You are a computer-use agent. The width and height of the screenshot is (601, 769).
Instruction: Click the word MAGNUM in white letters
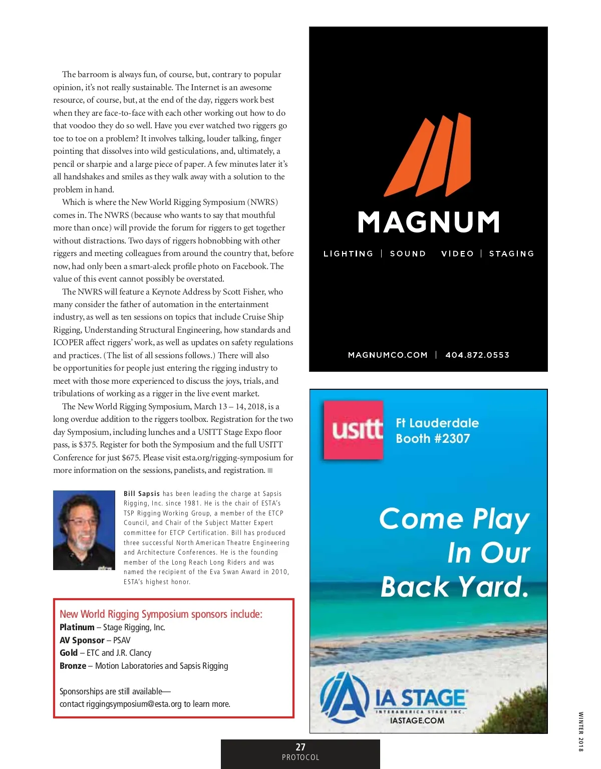pyautogui.click(x=429, y=222)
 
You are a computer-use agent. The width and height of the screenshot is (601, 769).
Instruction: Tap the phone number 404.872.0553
pyautogui.click(x=477, y=355)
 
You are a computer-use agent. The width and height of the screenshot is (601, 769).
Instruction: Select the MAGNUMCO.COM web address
pyautogui.click(x=388, y=355)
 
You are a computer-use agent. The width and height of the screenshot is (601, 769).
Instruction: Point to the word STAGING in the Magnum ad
pyautogui.click(x=511, y=254)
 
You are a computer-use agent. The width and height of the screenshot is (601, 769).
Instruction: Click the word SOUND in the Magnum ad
pyautogui.click(x=408, y=254)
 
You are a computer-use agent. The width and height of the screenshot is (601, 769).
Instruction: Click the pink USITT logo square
pyautogui.click(x=354, y=430)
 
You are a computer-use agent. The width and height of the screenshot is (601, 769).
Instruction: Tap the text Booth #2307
pyautogui.click(x=433, y=439)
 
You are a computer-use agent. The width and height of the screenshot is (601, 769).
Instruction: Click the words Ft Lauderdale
pyautogui.click(x=437, y=423)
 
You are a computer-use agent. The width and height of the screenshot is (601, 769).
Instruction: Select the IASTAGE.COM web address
pyautogui.click(x=417, y=721)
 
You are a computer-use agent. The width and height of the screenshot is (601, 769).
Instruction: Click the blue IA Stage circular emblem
pyautogui.click(x=342, y=697)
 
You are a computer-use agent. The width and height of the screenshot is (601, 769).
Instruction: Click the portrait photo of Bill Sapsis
pyautogui.click(x=84, y=530)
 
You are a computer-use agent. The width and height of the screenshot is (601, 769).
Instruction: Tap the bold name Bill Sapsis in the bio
pyautogui.click(x=142, y=494)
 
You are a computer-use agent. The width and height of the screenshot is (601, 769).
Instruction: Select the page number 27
pyautogui.click(x=300, y=747)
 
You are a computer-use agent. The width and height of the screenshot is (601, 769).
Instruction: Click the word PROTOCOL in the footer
pyautogui.click(x=300, y=757)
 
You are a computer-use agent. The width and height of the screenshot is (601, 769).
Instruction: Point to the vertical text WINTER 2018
pyautogui.click(x=581, y=731)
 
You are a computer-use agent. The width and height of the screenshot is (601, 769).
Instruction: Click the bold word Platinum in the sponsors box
pyautogui.click(x=77, y=627)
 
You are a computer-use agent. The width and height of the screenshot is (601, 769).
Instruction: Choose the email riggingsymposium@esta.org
pyautogui.click(x=134, y=704)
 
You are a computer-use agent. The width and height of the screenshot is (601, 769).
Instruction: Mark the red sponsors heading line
pyautogui.click(x=161, y=614)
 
